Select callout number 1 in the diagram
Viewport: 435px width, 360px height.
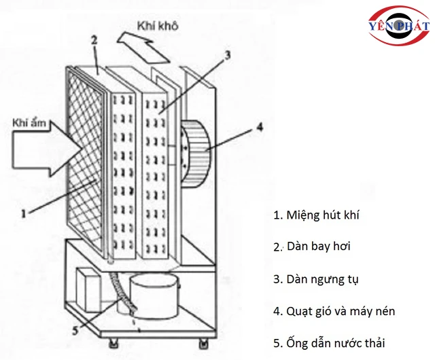(x=24, y=213)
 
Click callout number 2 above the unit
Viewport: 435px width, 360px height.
(x=94, y=40)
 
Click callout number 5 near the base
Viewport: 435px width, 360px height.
(x=75, y=331)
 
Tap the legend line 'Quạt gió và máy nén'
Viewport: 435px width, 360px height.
(x=334, y=311)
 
